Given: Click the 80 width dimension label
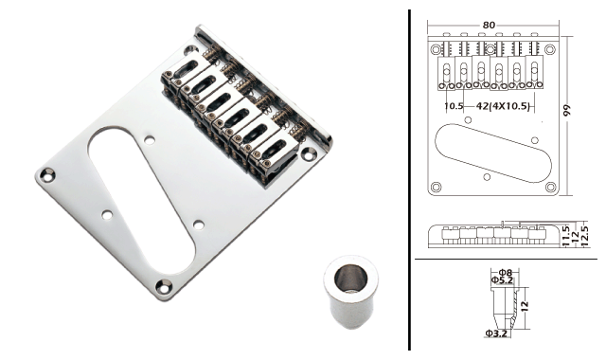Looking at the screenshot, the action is coord(489,25).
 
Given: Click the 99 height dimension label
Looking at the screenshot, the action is coord(566,110).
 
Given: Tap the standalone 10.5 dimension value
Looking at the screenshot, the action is coord(454,106).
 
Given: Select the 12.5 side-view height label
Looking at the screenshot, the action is coord(584,236).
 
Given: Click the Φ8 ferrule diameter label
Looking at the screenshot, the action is coord(505,273).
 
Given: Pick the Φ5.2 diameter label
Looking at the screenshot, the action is coord(502,280).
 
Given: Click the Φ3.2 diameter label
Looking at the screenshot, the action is coord(496,333).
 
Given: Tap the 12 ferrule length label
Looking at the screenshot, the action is coord(524,306).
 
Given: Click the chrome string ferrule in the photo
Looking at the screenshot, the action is coord(350,291).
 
